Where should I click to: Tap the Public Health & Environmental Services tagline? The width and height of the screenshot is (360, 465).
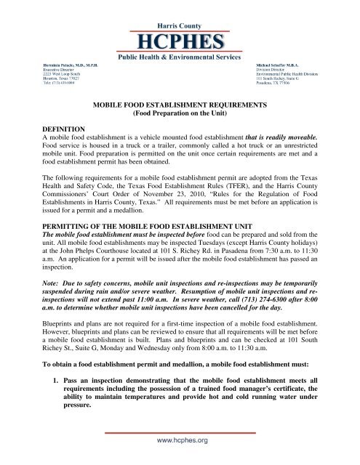(x=180, y=56)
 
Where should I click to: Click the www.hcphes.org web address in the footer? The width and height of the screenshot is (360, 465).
(x=180, y=440)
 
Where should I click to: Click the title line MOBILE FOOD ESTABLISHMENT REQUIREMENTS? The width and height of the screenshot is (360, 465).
(x=178, y=105)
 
